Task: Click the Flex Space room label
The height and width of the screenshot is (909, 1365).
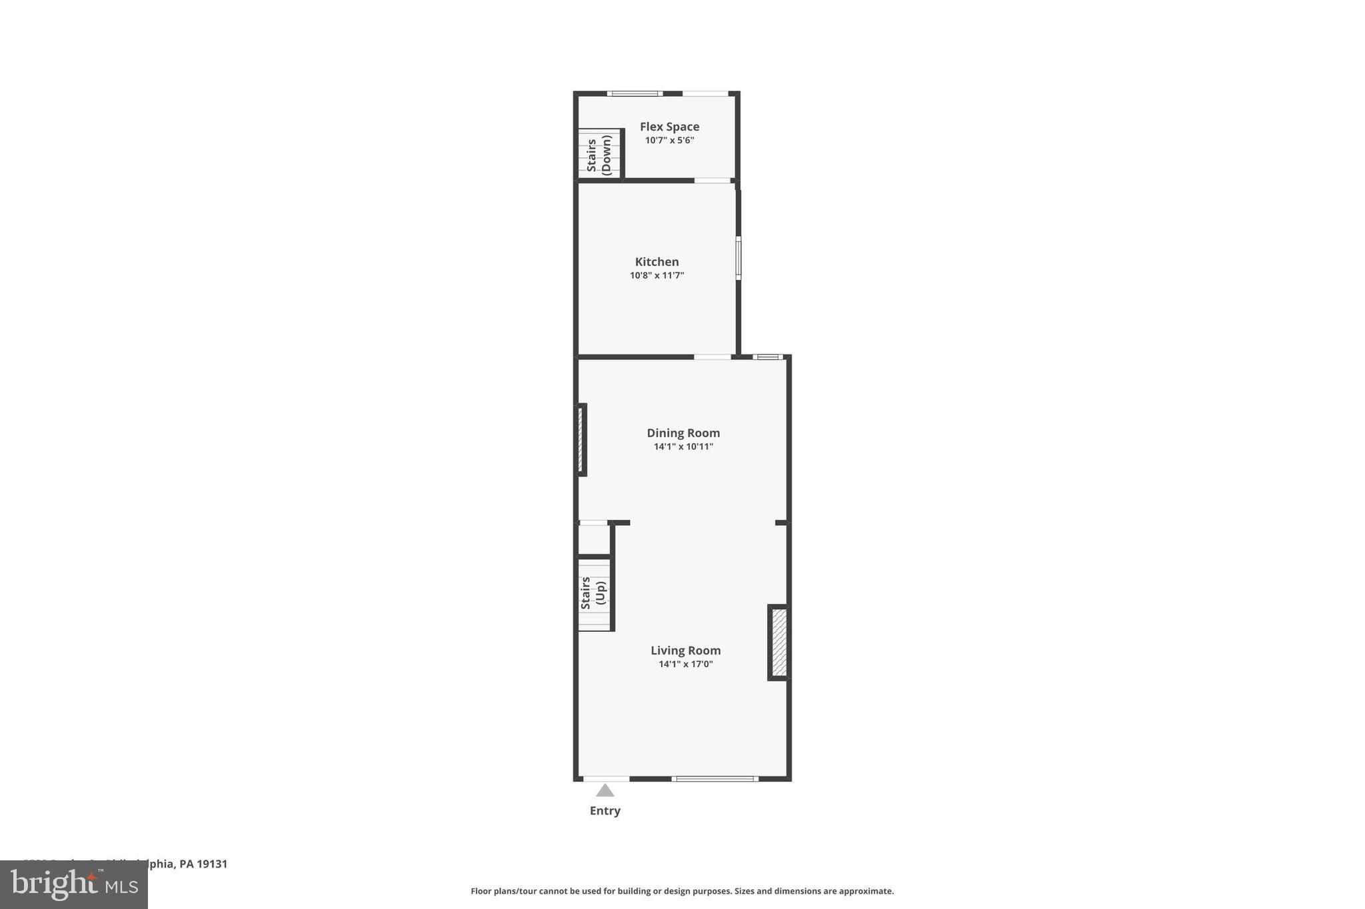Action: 669,127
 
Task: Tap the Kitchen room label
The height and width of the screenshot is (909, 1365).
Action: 657,262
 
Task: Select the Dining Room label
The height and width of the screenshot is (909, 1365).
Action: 683,433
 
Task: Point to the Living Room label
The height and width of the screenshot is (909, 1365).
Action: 685,650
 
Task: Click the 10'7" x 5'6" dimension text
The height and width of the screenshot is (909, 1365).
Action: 669,141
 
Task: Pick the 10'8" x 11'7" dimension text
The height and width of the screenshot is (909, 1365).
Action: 657,275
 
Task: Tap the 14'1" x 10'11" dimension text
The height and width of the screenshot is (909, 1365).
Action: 683,447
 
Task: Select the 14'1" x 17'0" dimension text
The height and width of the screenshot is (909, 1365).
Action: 685,664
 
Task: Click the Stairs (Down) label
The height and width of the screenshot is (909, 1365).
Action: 599,155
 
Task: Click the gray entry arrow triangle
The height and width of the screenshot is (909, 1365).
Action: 605,790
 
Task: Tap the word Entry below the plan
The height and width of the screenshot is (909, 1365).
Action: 605,811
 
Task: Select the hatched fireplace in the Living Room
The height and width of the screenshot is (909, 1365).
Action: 778,642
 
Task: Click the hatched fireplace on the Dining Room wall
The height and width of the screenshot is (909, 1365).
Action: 581,439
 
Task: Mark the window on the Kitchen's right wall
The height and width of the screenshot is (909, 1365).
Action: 738,257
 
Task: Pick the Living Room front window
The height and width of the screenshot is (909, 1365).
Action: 714,778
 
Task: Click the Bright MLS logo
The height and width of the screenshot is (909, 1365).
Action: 73,884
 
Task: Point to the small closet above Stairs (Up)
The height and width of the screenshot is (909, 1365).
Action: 593,540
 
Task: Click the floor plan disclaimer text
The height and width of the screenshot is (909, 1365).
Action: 682,891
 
